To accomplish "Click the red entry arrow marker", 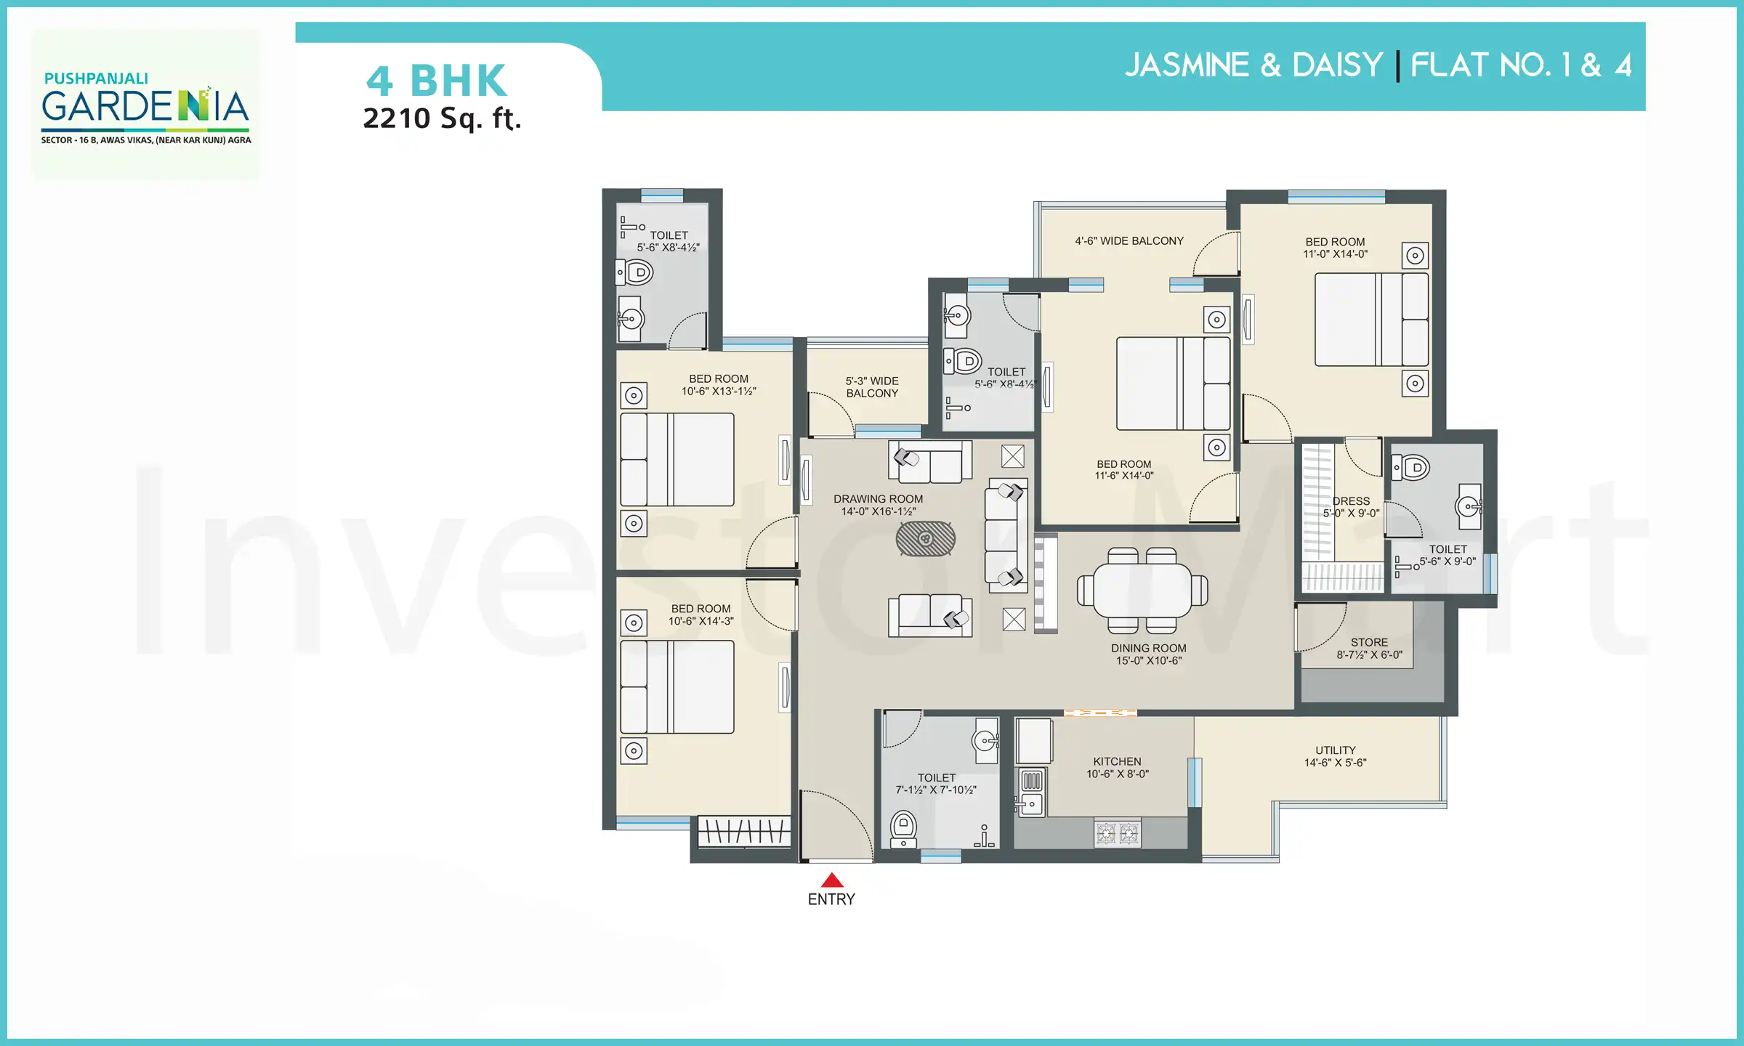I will coord(831,880).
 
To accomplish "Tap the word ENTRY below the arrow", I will coord(831,899).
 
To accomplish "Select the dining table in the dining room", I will coord(1142,590).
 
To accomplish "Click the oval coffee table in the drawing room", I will coord(925,538).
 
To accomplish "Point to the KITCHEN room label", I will coord(1117,761).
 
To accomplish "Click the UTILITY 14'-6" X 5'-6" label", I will coord(1335,756).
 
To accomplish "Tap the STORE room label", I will coord(1369,642).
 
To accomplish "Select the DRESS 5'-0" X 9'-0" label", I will coord(1351,506).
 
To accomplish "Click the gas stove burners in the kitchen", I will coord(1117,833).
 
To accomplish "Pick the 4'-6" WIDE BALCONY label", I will coord(1129,240).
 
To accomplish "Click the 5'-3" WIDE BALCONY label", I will coord(872,386).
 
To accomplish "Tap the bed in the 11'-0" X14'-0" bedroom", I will coord(1370,320).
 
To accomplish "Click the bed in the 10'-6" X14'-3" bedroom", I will coord(677,686).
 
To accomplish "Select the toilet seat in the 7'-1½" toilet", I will coord(903,827).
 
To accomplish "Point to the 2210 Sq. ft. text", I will coord(442,118).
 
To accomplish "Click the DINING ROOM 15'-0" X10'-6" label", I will coord(1148,654).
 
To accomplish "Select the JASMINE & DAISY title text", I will coord(1253,65).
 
